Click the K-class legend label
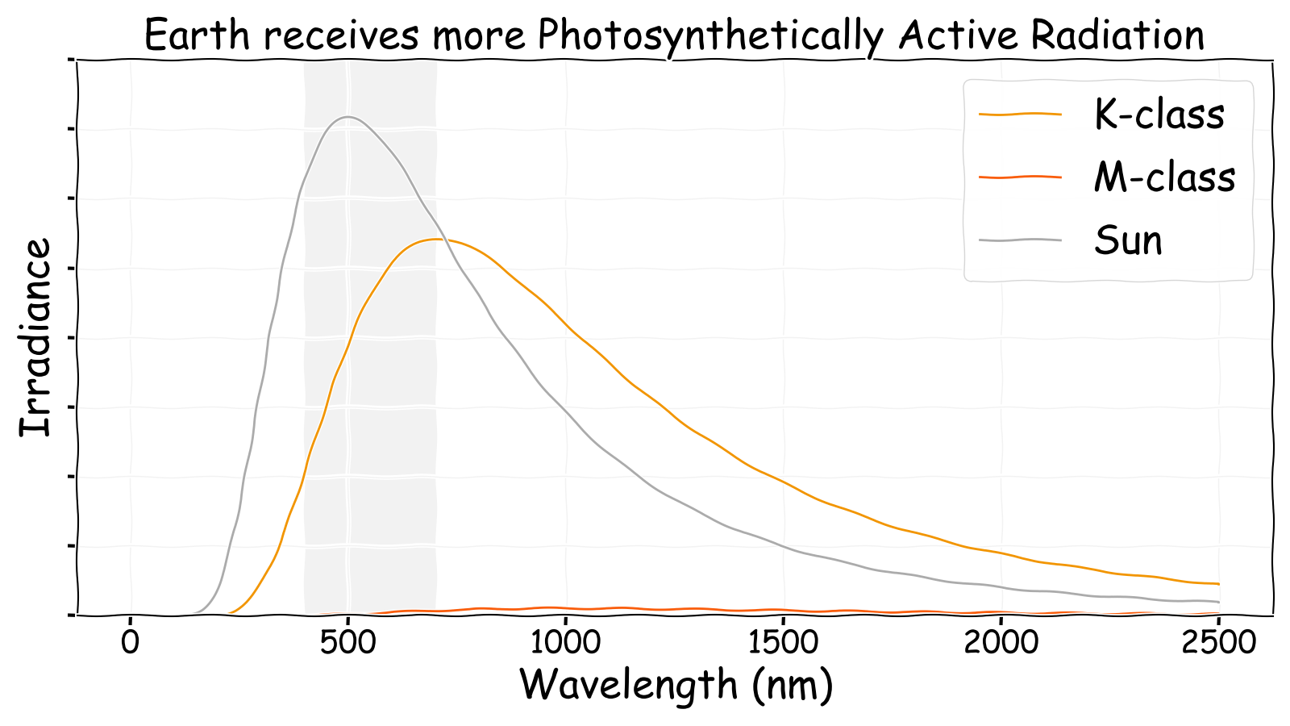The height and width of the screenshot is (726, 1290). [x=1159, y=115]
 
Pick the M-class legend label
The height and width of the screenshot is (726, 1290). [x=1164, y=177]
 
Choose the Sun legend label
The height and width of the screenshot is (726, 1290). [x=1128, y=240]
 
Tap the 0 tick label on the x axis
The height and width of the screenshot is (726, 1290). [x=131, y=643]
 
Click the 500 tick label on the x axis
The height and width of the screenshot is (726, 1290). [x=347, y=643]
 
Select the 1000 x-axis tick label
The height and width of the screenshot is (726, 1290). [x=565, y=643]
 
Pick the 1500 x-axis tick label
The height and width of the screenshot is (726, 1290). [x=783, y=643]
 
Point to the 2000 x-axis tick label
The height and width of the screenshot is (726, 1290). [x=1001, y=643]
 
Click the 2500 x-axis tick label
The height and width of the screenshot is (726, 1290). [x=1218, y=643]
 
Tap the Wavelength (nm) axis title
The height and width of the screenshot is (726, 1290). [x=676, y=685]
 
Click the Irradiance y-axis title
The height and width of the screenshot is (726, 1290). [x=35, y=337]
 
